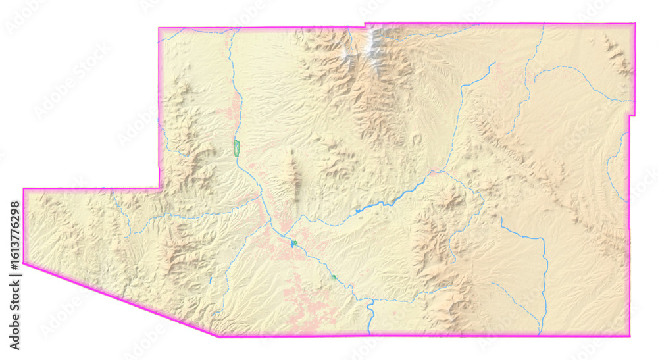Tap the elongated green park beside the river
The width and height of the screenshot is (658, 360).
(237, 147)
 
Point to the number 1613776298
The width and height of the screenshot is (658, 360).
(14, 236)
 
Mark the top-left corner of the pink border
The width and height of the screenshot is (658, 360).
(159, 28)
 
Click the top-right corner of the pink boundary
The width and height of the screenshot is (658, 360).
(634, 24)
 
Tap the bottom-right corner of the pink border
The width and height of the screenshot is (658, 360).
(629, 336)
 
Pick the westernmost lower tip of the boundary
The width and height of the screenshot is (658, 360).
(24, 263)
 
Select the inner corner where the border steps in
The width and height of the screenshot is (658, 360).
(159, 189)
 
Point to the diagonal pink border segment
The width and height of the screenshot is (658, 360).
(118, 300)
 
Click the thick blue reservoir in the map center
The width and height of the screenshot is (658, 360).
(388, 201)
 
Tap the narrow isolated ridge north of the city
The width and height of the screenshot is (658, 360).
(294, 174)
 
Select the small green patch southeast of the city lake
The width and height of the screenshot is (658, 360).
(334, 277)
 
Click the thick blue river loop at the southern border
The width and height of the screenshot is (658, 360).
(370, 309)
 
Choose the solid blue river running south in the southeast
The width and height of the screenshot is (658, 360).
(545, 276)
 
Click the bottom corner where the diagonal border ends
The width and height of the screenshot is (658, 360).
(218, 336)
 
